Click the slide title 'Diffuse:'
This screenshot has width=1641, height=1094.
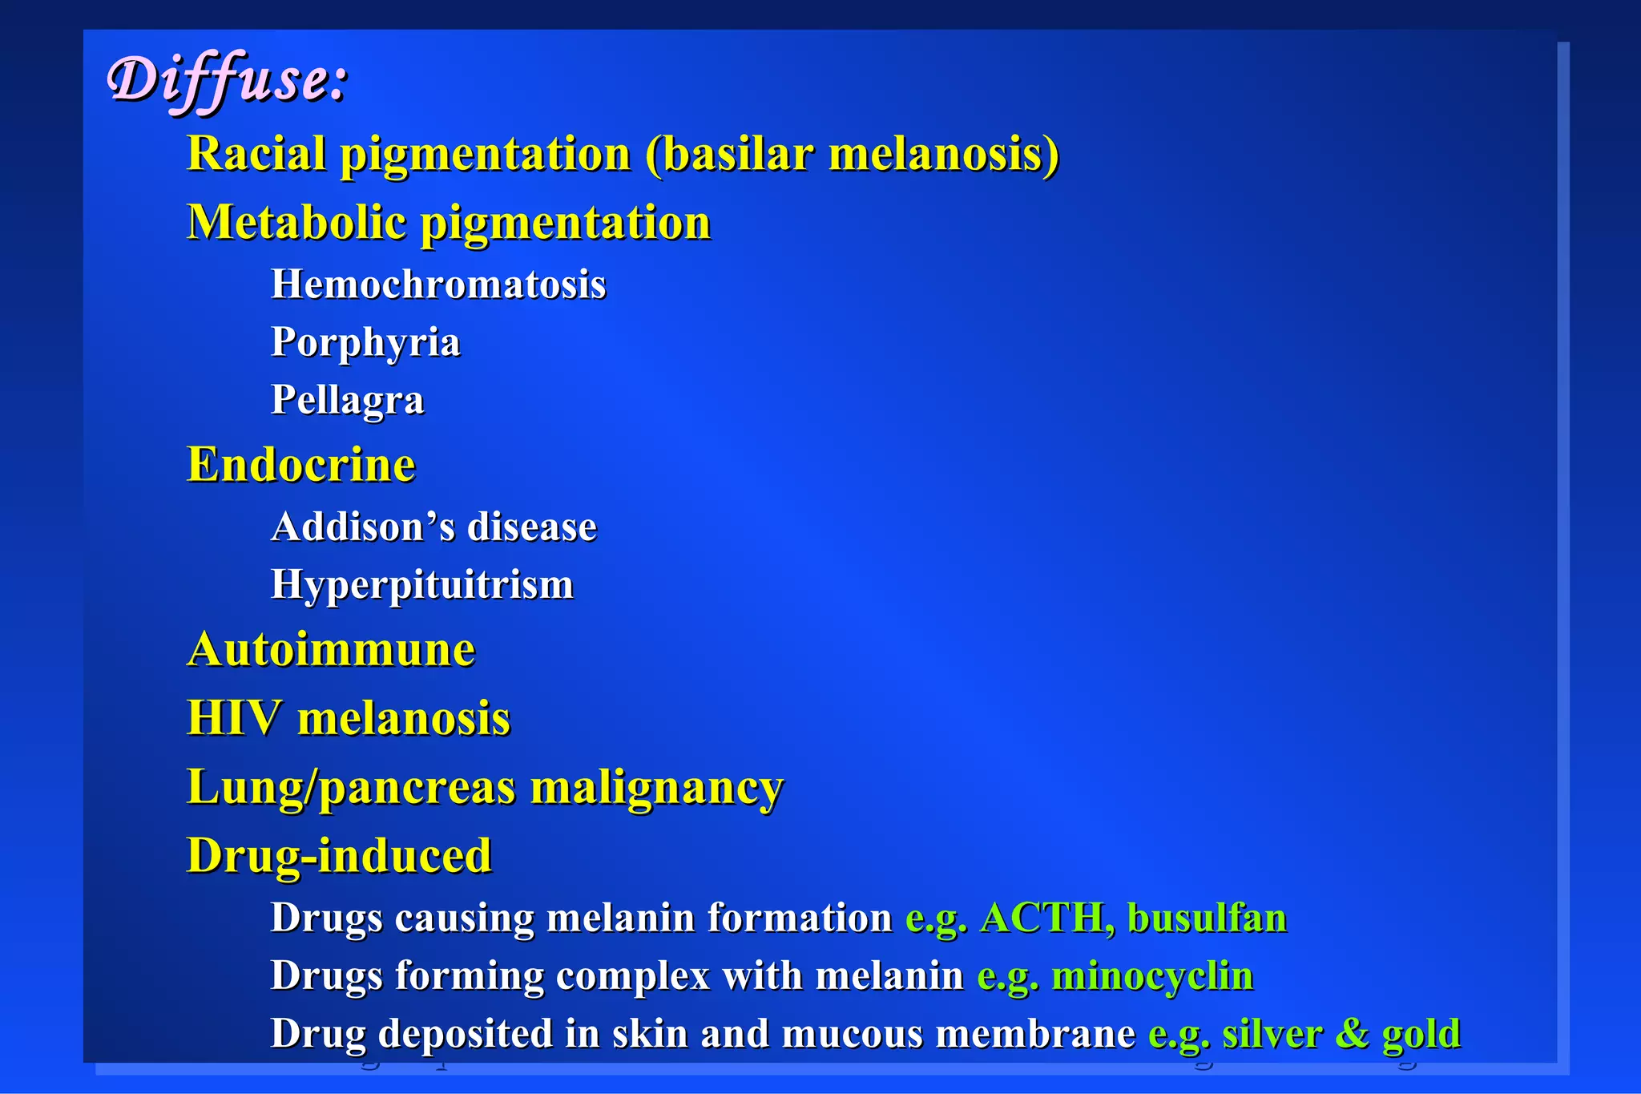pos(228,80)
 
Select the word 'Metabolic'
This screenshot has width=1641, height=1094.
pos(296,222)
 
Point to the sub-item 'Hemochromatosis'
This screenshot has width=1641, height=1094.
pos(438,285)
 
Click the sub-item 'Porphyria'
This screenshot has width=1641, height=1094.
pos(365,343)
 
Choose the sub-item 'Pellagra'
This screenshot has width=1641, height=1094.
pos(347,400)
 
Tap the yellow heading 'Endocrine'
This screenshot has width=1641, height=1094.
pos(301,465)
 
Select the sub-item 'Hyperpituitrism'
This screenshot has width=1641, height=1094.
pos(422,585)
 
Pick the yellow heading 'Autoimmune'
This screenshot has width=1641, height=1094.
pos(331,649)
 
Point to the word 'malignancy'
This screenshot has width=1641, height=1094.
pos(657,789)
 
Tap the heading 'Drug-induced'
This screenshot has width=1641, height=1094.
pos(339,856)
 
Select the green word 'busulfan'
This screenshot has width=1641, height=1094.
pos(1207,918)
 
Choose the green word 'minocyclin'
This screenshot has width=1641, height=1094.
pos(1152,976)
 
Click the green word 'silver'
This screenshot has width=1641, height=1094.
pos(1272,1034)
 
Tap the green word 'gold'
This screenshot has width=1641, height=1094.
pos(1421,1034)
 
